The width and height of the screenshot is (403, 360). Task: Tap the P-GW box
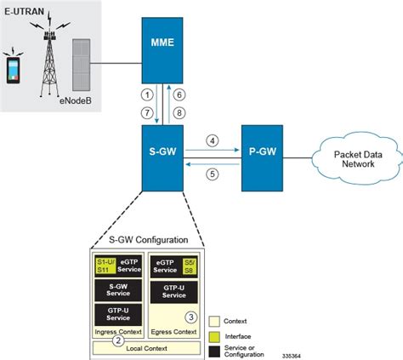(x=264, y=155)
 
